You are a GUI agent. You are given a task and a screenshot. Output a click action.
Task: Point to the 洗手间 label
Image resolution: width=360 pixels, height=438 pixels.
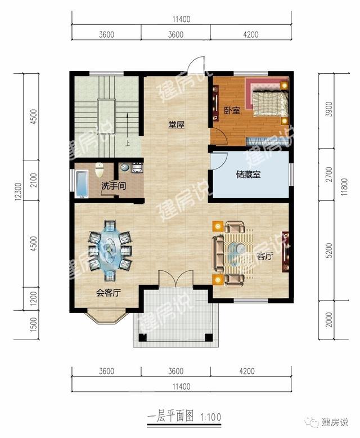113,185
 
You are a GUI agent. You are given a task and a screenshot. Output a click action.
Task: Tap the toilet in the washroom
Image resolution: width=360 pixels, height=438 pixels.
100,169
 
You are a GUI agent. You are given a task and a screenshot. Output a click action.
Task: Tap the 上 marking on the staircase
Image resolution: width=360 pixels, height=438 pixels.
128,143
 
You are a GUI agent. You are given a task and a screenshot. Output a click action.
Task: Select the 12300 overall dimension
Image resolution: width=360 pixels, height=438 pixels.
20,194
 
